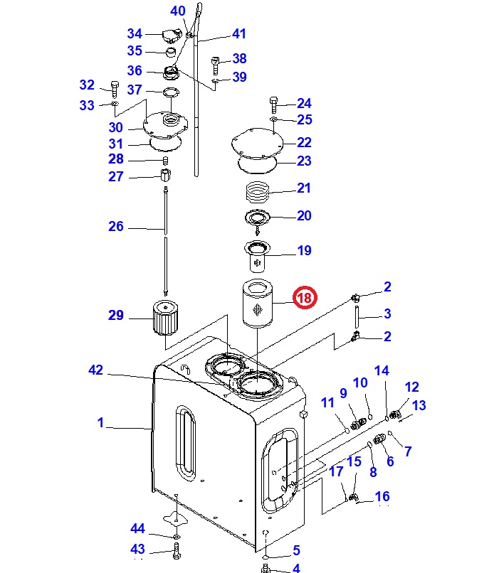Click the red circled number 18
(x=305, y=297)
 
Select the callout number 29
(x=116, y=315)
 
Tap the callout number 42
(x=96, y=370)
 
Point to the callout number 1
(x=100, y=422)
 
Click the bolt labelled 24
(x=274, y=105)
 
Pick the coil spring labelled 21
(x=258, y=191)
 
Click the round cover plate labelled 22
(x=258, y=143)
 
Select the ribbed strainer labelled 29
(x=165, y=317)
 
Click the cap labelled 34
(x=172, y=36)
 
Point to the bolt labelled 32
(x=115, y=90)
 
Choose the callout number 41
(x=239, y=33)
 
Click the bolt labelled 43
(x=177, y=551)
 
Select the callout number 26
(x=116, y=226)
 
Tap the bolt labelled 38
(x=216, y=65)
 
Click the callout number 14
(x=382, y=370)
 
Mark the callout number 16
(x=382, y=496)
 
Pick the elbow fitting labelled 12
(x=395, y=414)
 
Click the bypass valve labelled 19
(x=257, y=256)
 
